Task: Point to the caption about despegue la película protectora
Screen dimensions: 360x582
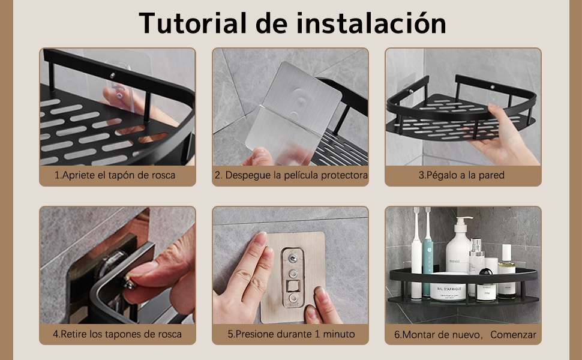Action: [290, 176]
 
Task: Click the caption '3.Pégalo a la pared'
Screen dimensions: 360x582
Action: [461, 176]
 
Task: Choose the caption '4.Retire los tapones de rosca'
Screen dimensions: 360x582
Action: [117, 334]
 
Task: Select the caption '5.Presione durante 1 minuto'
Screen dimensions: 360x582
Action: [291, 334]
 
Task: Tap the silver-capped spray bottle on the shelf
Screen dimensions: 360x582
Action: [476, 264]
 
